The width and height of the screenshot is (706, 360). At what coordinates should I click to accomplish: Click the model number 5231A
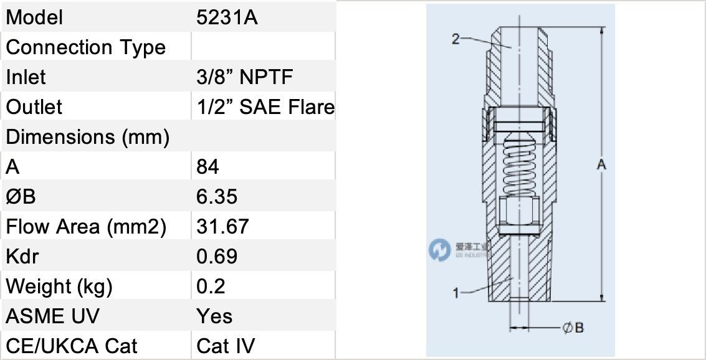[227, 17]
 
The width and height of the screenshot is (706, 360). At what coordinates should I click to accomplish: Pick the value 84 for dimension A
[208, 167]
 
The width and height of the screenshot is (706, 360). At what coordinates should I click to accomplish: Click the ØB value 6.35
[217, 197]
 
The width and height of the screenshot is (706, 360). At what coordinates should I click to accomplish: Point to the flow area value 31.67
[222, 227]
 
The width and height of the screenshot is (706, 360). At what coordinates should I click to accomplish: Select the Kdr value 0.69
[217, 257]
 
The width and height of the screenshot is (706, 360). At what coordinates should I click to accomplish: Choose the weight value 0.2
[211, 287]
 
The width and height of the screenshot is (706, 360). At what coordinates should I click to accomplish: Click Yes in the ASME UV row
[214, 316]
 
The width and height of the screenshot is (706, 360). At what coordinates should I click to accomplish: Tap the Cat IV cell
[226, 346]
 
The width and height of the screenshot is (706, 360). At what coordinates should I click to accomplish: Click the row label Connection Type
[86, 47]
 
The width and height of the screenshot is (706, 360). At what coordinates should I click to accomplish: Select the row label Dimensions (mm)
[87, 137]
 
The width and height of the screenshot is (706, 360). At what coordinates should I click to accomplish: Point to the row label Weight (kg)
[59, 287]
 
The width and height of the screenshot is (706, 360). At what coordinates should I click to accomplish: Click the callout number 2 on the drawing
[456, 40]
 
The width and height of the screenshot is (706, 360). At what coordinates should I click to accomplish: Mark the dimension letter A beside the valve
[601, 165]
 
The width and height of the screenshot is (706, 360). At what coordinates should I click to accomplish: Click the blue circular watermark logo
[439, 250]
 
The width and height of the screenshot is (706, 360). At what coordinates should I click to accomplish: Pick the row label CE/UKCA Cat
[72, 346]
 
